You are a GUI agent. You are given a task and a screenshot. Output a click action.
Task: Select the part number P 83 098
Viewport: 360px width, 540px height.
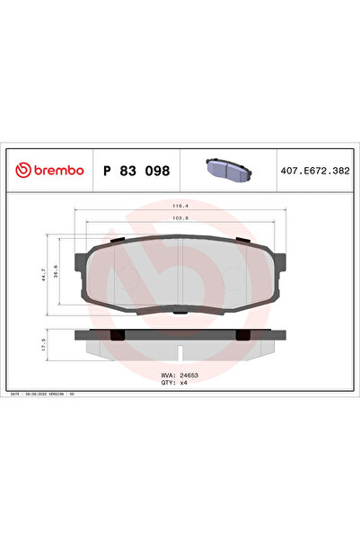pos(136,170)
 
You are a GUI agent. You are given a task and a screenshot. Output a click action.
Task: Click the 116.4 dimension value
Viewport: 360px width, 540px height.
pos(180,206)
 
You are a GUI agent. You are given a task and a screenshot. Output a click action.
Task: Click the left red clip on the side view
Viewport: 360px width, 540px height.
pos(115,335)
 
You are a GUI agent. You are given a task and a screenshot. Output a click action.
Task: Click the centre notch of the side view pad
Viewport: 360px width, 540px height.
pos(180,347)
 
